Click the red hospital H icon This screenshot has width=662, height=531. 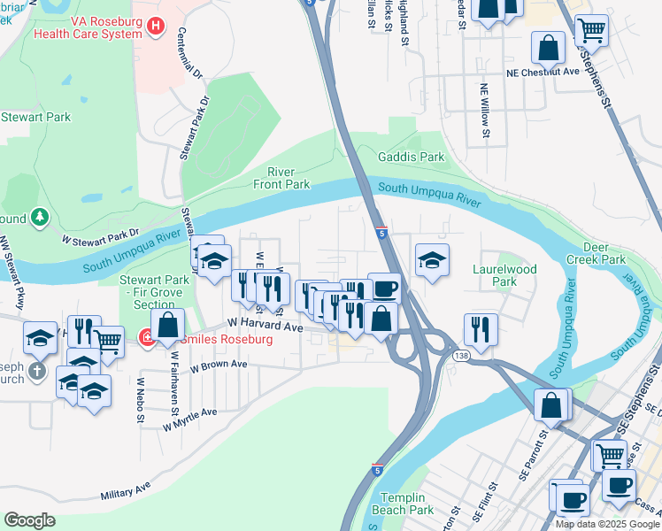click(x=157, y=27)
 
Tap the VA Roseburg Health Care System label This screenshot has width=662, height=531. click(x=87, y=27)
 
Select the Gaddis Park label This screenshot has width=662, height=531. click(x=412, y=157)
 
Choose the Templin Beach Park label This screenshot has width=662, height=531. click(x=403, y=504)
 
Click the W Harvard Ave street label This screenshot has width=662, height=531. click(x=266, y=327)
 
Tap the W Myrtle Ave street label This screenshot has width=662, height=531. click(x=189, y=419)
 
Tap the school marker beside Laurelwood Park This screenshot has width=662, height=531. click(x=432, y=260)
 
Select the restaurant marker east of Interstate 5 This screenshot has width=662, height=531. click(x=480, y=328)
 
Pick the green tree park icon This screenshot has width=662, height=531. click(x=39, y=216)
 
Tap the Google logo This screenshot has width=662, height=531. click(x=30, y=520)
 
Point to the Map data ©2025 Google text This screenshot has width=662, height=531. click(x=607, y=524)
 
